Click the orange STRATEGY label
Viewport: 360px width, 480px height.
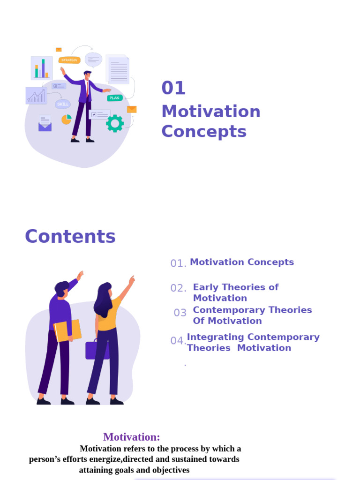click(x=69, y=60)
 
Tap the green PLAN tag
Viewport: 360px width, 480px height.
click(x=114, y=98)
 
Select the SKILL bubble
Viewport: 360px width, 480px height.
click(x=63, y=104)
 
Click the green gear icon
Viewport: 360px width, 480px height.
click(x=115, y=123)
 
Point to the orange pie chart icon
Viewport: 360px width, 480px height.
click(x=67, y=120)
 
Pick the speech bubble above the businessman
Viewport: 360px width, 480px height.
click(x=93, y=60)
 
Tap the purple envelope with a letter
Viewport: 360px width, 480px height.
click(x=45, y=124)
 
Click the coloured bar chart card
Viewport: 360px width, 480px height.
click(x=41, y=68)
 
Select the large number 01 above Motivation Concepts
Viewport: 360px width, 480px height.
click(x=173, y=88)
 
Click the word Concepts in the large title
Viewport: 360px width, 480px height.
click(x=204, y=132)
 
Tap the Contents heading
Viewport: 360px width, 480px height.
click(x=70, y=236)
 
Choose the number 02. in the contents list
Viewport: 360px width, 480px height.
click(x=178, y=288)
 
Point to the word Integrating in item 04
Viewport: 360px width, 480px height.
click(x=216, y=337)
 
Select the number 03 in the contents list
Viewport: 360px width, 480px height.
click(x=180, y=313)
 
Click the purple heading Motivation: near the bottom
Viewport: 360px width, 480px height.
click(x=131, y=437)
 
